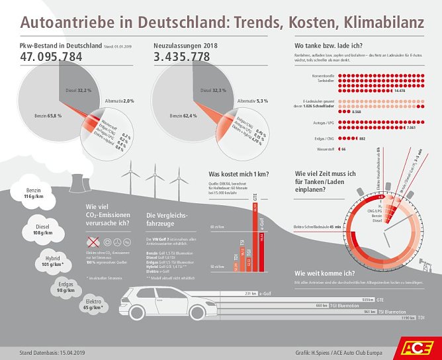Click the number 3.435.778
183,58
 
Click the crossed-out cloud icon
94,244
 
